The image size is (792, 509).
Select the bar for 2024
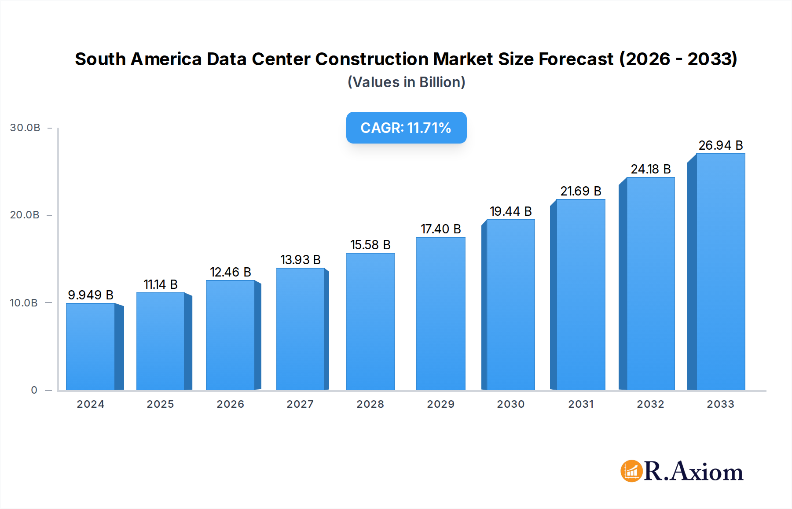coord(91,347)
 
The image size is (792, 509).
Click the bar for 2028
coord(370,322)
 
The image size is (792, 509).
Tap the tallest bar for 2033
coord(720,272)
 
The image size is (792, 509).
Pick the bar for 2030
coord(510,305)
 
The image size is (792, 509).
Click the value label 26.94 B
coord(720,145)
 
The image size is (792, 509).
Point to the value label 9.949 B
coord(91,295)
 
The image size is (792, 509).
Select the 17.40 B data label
coord(440,229)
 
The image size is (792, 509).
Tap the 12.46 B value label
coord(230,272)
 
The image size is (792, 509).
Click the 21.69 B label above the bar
coord(580,191)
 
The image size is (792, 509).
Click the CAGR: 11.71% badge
coord(406,128)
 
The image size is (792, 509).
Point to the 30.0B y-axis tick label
coord(25,128)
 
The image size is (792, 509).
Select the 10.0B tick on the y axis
coord(24,303)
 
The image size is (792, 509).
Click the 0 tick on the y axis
coord(34,390)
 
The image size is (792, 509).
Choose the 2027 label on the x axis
coord(300,404)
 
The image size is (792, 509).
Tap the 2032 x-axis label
coord(650,404)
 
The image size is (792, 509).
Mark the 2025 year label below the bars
coord(160,404)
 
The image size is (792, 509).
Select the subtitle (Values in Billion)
coord(406,82)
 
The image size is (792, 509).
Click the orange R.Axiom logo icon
coord(631,471)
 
